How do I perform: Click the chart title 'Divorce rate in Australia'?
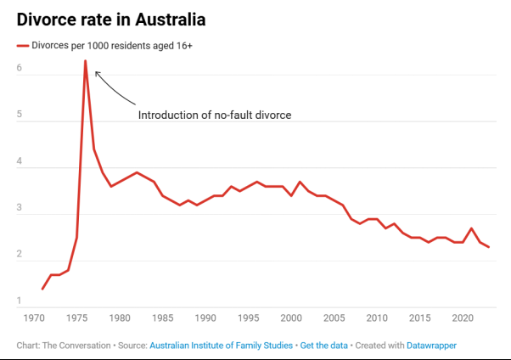109,18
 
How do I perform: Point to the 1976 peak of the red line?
85,61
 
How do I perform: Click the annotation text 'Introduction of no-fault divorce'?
215,115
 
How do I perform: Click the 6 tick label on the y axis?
20,67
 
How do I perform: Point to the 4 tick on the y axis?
20,160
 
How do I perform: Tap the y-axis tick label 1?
20,301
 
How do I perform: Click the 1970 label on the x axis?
34,318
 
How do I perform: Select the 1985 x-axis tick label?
162,318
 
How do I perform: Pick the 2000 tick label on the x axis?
291,318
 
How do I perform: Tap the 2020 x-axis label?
463,318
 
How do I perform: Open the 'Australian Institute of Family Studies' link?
221,346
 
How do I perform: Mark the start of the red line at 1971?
42,289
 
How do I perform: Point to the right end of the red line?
489,247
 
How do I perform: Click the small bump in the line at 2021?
472,228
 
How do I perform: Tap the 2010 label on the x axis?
377,318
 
